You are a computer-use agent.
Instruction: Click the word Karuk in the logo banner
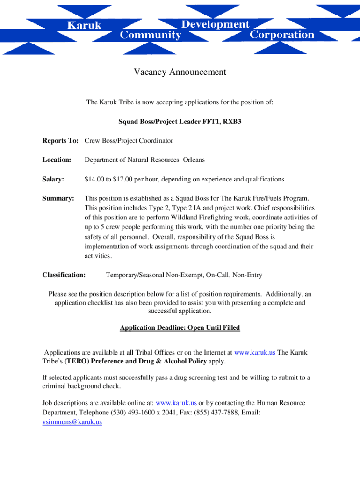click(x=84, y=25)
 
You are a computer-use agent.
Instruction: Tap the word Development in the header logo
click(x=216, y=24)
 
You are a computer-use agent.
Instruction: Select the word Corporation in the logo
click(x=282, y=35)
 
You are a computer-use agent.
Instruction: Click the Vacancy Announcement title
click(x=180, y=72)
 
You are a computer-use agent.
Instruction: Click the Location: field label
click(x=57, y=160)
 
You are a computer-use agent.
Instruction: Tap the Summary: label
click(x=58, y=198)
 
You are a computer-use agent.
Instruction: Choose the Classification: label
click(x=64, y=275)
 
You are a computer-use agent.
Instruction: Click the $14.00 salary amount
click(x=95, y=179)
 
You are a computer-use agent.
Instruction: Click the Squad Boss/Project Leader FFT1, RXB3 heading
click(x=180, y=122)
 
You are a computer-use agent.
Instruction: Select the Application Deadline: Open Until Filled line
click(x=180, y=327)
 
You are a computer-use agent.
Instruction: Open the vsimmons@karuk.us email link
click(x=72, y=422)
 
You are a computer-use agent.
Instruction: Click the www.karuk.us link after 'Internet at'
click(x=255, y=352)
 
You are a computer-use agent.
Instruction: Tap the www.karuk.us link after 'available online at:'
click(x=176, y=403)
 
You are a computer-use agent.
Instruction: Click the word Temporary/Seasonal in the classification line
click(x=135, y=275)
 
